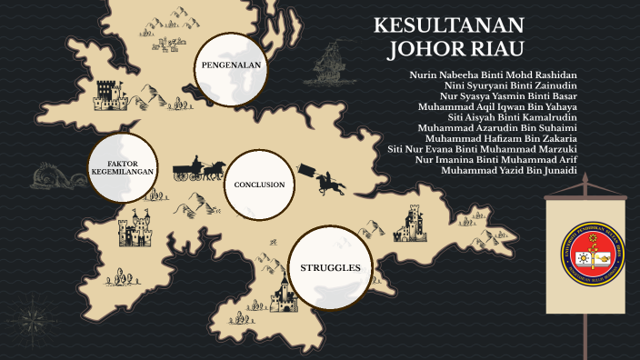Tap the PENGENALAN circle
point(231,65)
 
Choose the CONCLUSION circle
point(259,185)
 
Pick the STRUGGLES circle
point(330,267)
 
